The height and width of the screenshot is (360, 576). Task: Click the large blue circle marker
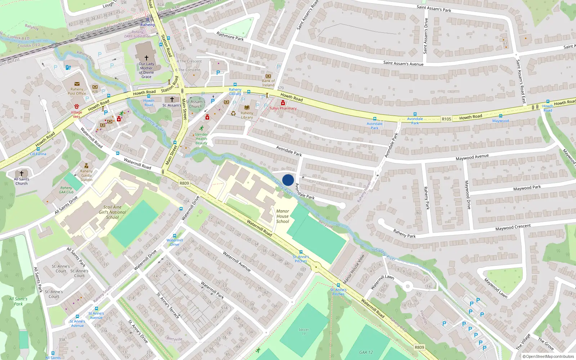point(288,180)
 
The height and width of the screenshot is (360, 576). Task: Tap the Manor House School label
point(283,216)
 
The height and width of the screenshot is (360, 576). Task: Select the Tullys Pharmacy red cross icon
point(283,103)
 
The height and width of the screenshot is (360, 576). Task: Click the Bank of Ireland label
point(268,83)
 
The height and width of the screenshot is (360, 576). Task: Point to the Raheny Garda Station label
point(86,175)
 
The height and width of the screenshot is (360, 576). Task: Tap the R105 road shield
point(446,119)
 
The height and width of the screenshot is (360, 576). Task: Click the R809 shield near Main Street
point(184,183)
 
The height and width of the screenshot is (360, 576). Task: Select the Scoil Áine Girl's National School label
point(112,212)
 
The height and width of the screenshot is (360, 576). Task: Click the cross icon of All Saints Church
point(22,173)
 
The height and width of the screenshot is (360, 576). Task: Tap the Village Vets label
point(76,114)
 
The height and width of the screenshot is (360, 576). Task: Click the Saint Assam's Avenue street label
point(403,63)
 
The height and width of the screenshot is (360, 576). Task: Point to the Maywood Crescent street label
point(513,228)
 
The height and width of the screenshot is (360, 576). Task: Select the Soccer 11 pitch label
point(303,332)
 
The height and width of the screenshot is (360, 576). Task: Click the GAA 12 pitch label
point(366,352)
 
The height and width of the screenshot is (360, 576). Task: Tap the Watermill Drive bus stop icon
point(175,236)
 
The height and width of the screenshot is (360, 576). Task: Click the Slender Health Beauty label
point(201,139)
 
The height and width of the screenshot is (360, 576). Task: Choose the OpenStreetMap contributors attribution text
point(548,356)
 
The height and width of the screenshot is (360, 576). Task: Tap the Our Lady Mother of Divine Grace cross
point(147,58)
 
